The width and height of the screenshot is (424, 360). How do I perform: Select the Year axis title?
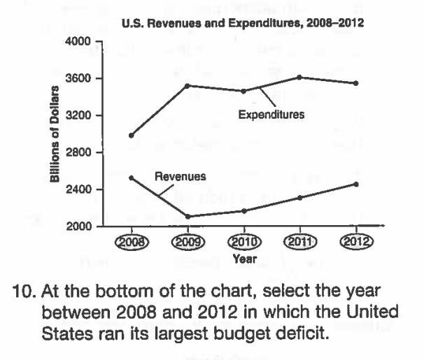click(244, 258)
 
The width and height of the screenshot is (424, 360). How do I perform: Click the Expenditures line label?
click(271, 115)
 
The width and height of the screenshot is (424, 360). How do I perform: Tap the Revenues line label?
click(180, 177)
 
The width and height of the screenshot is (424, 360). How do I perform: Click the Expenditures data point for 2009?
click(188, 85)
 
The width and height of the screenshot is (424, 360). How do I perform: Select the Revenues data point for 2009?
click(188, 217)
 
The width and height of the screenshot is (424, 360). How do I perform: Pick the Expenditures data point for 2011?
click(300, 77)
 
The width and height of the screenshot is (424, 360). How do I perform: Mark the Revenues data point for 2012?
click(356, 185)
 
